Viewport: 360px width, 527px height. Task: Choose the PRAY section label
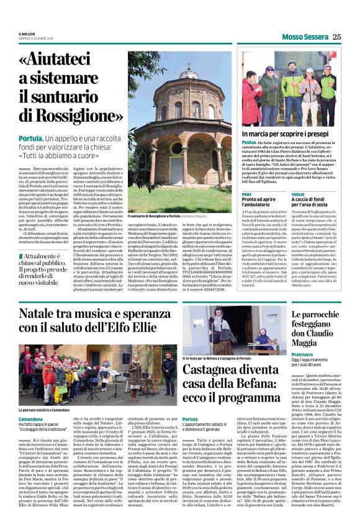click(x=246, y=194)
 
